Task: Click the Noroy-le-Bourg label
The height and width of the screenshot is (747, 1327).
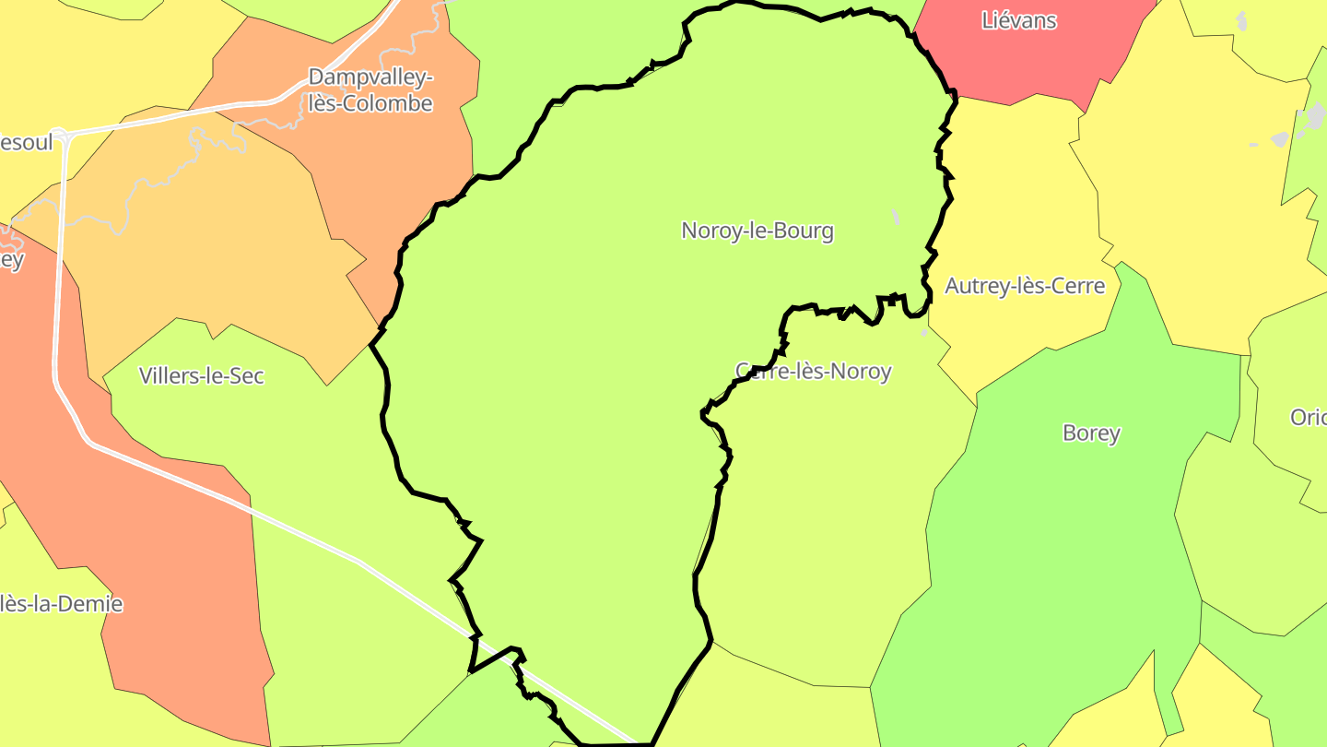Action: [757, 231]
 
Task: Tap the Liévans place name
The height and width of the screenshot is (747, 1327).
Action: [1018, 20]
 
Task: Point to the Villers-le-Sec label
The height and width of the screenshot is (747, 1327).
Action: [201, 375]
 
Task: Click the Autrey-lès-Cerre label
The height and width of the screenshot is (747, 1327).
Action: [1025, 286]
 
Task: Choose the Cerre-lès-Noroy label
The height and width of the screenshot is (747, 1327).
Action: [813, 371]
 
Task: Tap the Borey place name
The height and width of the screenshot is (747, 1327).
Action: [1091, 433]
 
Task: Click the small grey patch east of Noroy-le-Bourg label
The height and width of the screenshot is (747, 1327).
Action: [895, 217]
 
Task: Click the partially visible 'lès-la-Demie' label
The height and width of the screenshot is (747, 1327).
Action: [61, 604]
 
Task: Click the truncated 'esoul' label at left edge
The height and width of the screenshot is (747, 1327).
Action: [26, 143]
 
